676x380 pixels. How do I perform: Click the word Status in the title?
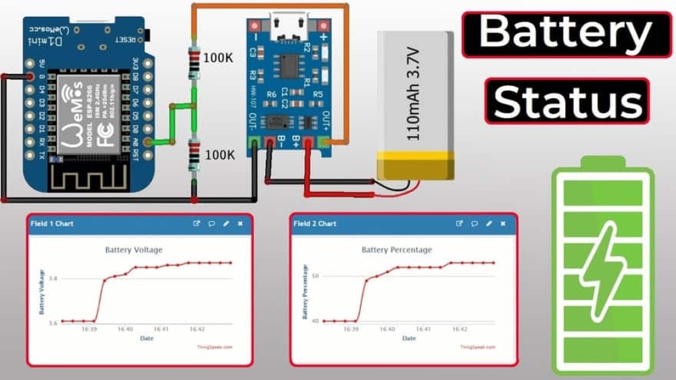(x=566, y=101)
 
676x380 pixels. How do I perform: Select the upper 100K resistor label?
(x=218, y=58)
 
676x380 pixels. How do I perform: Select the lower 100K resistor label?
(x=219, y=155)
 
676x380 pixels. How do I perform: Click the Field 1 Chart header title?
(x=51, y=223)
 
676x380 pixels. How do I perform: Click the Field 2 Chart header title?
(x=314, y=223)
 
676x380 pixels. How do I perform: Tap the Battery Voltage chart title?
(x=134, y=250)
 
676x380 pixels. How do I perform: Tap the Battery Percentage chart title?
(x=396, y=250)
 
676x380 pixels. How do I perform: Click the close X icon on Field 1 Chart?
(x=240, y=223)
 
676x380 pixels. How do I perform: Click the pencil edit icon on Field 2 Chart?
(x=489, y=223)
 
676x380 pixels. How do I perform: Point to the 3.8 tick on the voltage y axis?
(x=53, y=279)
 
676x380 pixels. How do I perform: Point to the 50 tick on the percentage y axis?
(x=314, y=277)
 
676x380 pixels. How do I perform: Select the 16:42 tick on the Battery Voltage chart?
(x=197, y=329)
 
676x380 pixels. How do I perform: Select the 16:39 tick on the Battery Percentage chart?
(x=350, y=329)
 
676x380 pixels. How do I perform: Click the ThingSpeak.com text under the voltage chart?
(x=215, y=347)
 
